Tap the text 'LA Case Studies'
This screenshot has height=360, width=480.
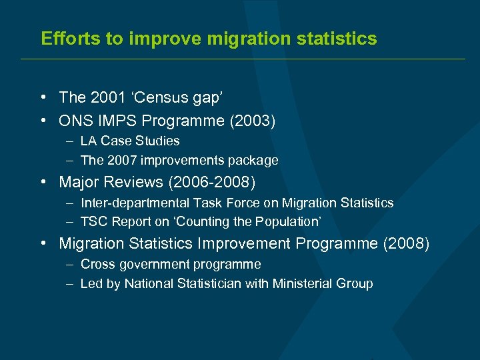click(130, 141)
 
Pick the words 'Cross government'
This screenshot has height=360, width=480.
click(139, 264)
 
